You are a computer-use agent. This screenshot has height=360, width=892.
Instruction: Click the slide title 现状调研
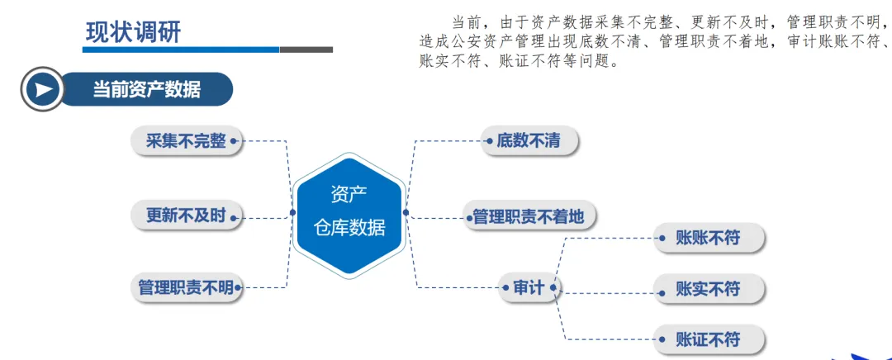(x=133, y=32)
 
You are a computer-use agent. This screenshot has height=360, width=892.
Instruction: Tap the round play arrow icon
(x=42, y=88)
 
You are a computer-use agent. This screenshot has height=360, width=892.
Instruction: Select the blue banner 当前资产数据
(x=147, y=88)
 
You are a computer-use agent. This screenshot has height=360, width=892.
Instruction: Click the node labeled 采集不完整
(x=186, y=141)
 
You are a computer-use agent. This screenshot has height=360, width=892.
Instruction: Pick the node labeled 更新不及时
(x=186, y=216)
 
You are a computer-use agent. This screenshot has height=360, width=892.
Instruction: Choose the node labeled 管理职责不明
(x=186, y=288)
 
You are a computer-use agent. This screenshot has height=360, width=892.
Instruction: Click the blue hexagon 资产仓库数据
(x=349, y=216)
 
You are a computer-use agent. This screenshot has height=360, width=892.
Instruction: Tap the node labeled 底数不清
(x=529, y=141)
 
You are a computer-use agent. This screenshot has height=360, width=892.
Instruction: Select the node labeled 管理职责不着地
(x=528, y=217)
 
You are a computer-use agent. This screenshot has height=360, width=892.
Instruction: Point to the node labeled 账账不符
(x=708, y=239)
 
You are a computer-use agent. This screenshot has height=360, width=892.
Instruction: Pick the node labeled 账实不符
(x=708, y=289)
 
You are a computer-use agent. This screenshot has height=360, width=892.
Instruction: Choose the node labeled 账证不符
(x=708, y=339)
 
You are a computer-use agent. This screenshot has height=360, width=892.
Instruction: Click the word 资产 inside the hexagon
(x=349, y=195)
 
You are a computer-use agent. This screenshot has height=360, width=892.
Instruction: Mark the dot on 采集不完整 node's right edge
(x=234, y=141)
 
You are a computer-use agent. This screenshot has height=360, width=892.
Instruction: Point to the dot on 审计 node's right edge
(x=555, y=288)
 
